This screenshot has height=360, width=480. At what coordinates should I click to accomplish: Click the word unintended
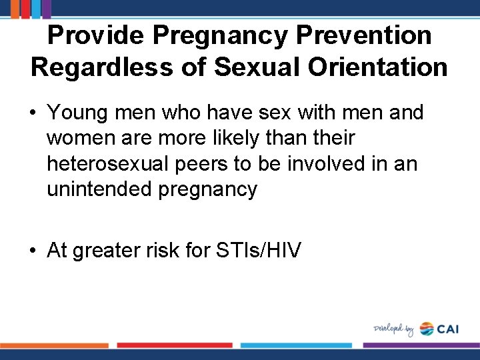click(x=99, y=189)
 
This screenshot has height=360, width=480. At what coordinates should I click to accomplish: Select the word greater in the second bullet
click(x=110, y=251)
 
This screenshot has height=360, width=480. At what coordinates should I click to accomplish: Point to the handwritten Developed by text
click(x=393, y=329)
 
